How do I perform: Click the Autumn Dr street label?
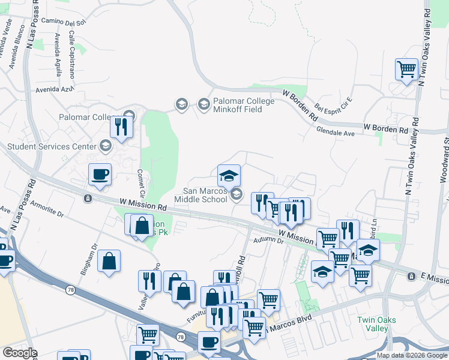[x=268, y=241]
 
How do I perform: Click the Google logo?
[x=20, y=353]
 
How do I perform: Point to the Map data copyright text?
[x=411, y=355]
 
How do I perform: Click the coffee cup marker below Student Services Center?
[x=100, y=175]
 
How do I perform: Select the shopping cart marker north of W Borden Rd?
[x=406, y=69]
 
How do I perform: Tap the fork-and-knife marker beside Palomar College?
[x=121, y=127]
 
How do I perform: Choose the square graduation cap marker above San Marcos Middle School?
[x=229, y=176]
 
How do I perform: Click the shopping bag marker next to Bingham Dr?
[x=109, y=261]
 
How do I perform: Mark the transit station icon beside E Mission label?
[x=411, y=277]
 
